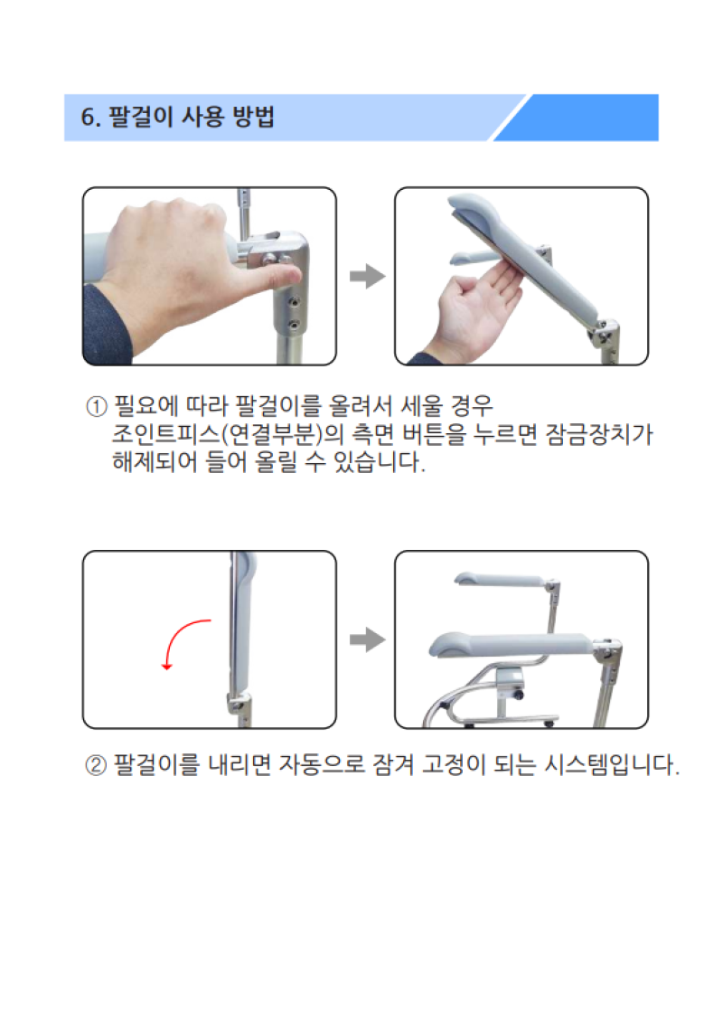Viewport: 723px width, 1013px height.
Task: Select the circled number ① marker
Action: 96,404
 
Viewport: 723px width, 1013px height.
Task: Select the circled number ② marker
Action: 96,766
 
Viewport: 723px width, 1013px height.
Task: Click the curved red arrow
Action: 183,642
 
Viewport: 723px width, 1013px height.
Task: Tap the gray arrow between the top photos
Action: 366,277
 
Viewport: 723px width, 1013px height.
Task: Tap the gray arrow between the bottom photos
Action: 366,640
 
